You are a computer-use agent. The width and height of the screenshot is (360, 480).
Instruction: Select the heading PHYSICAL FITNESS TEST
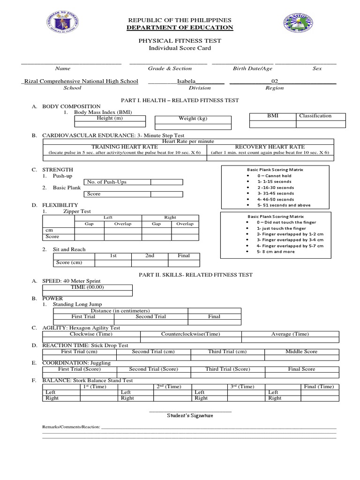(x=180, y=41)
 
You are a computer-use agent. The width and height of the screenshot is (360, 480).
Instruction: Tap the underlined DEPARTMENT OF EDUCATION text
(x=180, y=28)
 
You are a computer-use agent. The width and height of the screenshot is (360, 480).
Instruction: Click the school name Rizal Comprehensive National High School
(x=81, y=81)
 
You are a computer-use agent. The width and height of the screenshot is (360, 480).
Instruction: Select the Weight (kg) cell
(x=193, y=119)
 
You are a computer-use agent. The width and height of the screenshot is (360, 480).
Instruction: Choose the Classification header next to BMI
(x=315, y=116)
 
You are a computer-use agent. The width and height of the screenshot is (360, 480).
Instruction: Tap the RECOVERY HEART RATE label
(x=270, y=147)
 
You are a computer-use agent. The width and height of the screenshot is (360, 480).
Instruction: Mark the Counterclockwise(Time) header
(x=190, y=334)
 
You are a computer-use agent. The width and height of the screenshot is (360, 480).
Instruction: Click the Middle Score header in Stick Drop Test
(x=301, y=352)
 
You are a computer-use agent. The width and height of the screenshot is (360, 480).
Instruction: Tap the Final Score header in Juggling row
(x=301, y=369)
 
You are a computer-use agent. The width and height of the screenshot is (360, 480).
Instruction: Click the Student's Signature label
(x=190, y=415)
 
